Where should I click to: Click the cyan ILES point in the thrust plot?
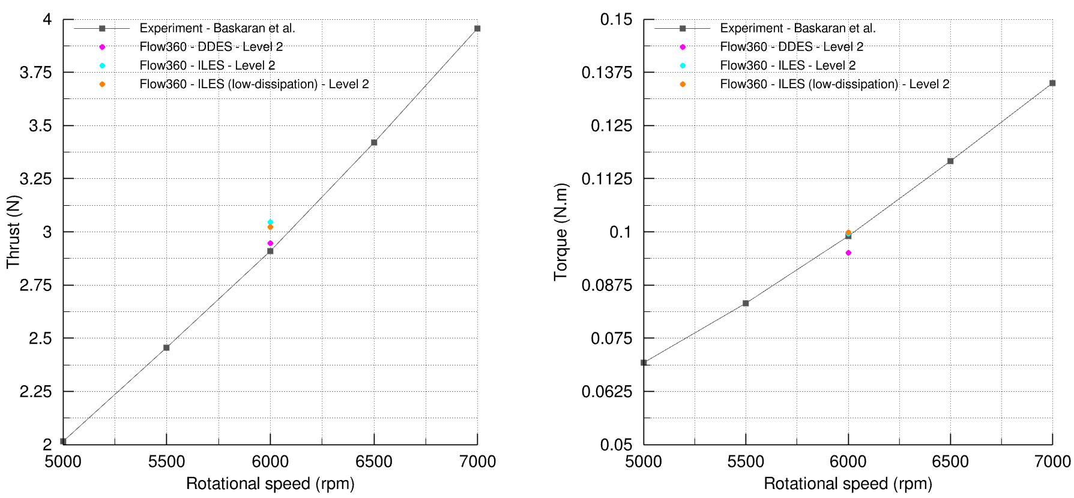coord(270,222)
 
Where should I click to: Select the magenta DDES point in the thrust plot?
coord(270,243)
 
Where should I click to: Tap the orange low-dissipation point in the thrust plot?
coord(270,227)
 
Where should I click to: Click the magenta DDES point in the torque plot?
coord(848,253)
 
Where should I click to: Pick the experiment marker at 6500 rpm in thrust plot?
coord(374,142)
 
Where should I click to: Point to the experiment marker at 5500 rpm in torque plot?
coord(746,303)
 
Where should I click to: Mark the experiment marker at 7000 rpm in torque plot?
coord(1052,83)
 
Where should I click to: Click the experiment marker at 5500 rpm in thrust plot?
coord(166,347)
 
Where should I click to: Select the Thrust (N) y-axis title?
coord(13,232)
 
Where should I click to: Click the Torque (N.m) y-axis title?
coord(560,232)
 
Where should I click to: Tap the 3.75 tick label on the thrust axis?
coord(36,73)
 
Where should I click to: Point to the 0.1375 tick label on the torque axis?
coord(607,73)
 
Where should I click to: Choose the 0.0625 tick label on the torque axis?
coord(607,392)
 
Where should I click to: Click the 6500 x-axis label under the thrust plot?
coord(374,461)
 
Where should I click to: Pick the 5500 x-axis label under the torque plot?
coord(746,461)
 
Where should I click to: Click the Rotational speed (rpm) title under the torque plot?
coord(848,484)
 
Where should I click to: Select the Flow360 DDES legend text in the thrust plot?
coord(211,47)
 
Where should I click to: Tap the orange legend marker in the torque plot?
coord(683,84)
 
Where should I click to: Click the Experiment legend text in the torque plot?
coord(798,28)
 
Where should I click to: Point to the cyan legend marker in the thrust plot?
coord(102,65)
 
